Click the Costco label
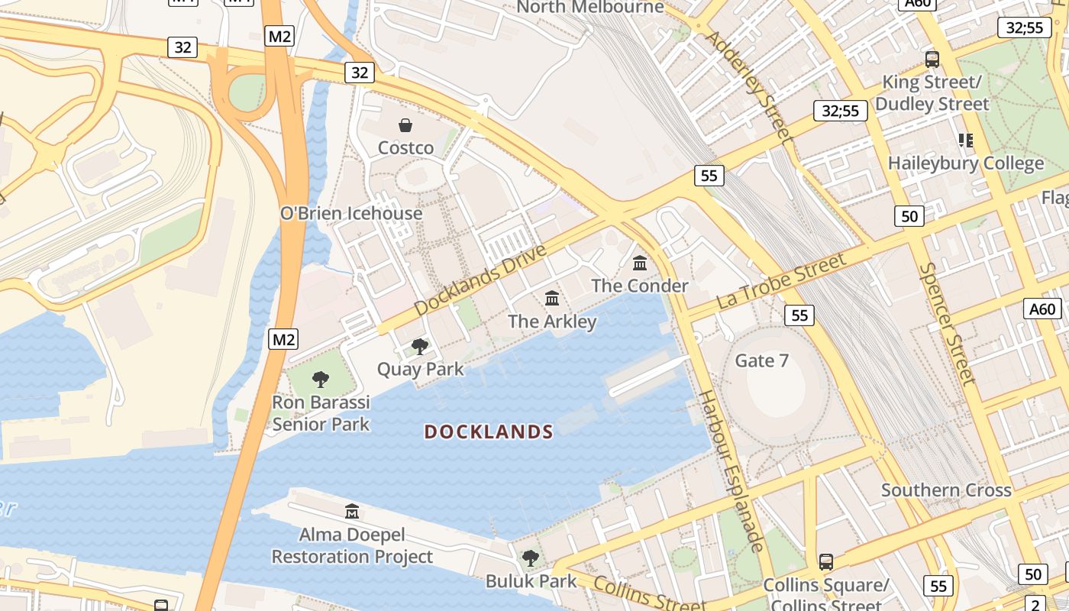[406, 147]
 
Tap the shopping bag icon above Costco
[405, 125]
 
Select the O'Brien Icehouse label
[351, 213]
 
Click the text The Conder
[640, 286]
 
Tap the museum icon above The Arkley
[552, 298]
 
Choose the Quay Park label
[420, 369]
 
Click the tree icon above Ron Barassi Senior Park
[321, 379]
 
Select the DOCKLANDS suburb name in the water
[489, 432]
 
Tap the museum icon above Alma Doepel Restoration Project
[352, 511]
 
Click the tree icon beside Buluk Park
[531, 558]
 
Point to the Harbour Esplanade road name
[731, 470]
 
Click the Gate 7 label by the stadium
[761, 360]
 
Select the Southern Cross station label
[946, 490]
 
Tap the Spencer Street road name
[947, 324]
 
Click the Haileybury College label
[965, 163]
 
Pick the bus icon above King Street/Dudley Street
[932, 59]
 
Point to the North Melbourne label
[590, 8]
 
